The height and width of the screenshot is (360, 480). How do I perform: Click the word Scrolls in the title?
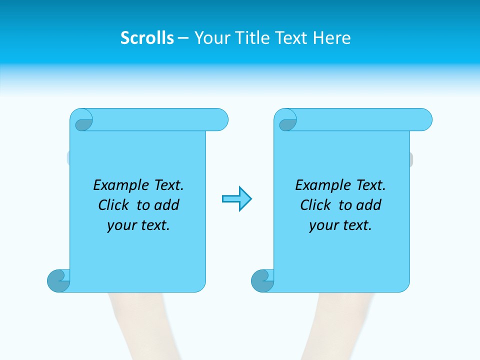[x=147, y=37]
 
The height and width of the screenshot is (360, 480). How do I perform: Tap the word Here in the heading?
[x=332, y=37]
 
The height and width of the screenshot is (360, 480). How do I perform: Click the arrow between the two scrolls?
[x=236, y=199]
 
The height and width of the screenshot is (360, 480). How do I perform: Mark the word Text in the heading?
[x=290, y=37]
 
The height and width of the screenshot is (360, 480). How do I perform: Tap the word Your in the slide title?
[x=210, y=37]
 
